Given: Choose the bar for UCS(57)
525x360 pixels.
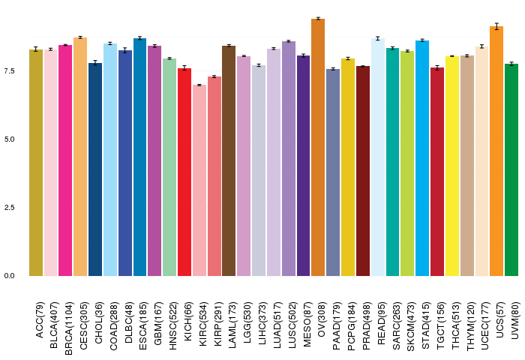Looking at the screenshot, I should tap(496, 151).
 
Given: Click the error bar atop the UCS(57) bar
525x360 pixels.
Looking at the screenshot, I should tap(496, 26).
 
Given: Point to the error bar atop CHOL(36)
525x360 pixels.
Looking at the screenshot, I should tap(95, 63).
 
